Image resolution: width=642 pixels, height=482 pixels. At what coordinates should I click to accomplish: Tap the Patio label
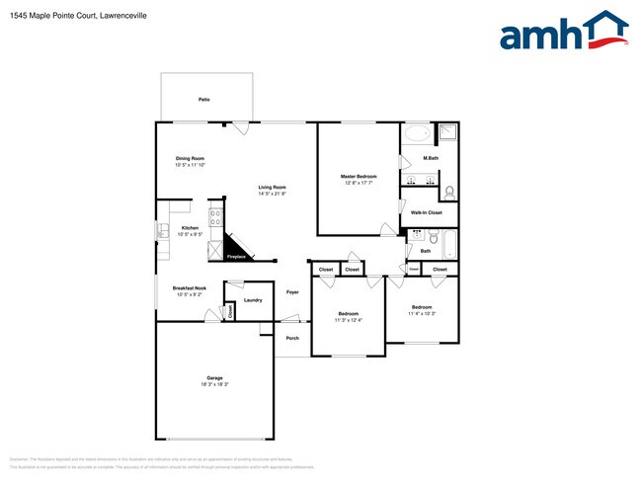[203, 100]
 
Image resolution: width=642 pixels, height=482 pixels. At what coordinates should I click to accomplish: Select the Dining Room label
[190, 158]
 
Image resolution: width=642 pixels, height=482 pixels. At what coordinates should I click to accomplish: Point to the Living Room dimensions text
[273, 194]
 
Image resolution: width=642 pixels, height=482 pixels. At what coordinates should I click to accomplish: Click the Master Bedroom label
[360, 176]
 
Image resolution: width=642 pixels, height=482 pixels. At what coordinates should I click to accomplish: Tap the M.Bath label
[431, 158]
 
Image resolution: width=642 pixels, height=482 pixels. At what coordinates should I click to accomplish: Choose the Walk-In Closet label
[427, 212]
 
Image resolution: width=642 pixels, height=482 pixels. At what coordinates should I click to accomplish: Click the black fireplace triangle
[233, 248]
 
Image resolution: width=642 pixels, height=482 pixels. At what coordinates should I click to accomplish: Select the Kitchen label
[190, 228]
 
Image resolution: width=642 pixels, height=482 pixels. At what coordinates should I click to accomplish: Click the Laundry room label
[252, 299]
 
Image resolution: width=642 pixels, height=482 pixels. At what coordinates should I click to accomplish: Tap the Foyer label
[292, 292]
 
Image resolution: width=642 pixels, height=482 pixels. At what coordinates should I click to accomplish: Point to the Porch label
[292, 338]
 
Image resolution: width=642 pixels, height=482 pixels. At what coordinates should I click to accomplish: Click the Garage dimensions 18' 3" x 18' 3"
[214, 384]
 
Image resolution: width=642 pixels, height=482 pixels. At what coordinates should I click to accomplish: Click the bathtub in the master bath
[418, 132]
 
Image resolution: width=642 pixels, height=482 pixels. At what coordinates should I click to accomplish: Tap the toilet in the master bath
[448, 191]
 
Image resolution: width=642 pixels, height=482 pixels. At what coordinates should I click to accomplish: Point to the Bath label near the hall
[425, 250]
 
